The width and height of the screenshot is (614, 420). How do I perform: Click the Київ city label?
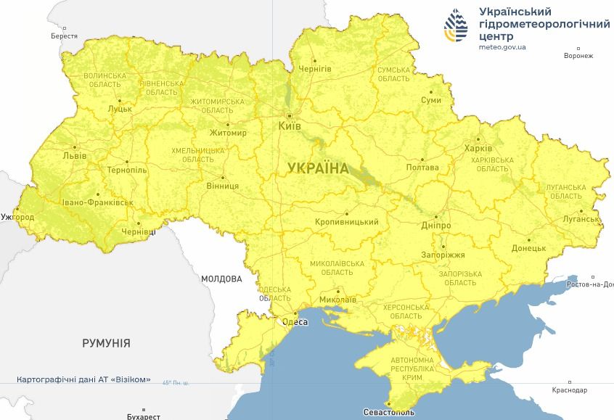coord(290,126)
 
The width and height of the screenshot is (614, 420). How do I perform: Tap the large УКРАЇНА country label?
coord(318,168)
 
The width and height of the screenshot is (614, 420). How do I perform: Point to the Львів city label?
coord(75,155)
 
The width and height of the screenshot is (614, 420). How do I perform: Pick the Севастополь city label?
coord(389,412)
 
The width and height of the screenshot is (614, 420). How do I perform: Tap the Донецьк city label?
coord(528,248)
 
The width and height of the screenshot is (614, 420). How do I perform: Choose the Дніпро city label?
coord(436,226)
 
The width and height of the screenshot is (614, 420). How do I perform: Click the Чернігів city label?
coord(315,68)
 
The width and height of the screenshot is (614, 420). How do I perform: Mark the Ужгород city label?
coord(17,217)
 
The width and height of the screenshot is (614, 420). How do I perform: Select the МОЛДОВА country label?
coord(221,279)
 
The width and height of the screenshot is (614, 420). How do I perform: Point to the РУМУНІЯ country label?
coord(106,343)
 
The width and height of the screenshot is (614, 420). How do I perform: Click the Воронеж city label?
coord(578,56)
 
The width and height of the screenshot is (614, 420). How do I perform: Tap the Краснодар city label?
coord(569,390)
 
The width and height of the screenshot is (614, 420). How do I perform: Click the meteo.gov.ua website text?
coord(503,46)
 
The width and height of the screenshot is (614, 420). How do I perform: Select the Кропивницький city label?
coord(347,222)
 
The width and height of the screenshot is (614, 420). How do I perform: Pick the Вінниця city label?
coord(223,186)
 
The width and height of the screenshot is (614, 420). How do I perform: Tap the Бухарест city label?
coord(143,416)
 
